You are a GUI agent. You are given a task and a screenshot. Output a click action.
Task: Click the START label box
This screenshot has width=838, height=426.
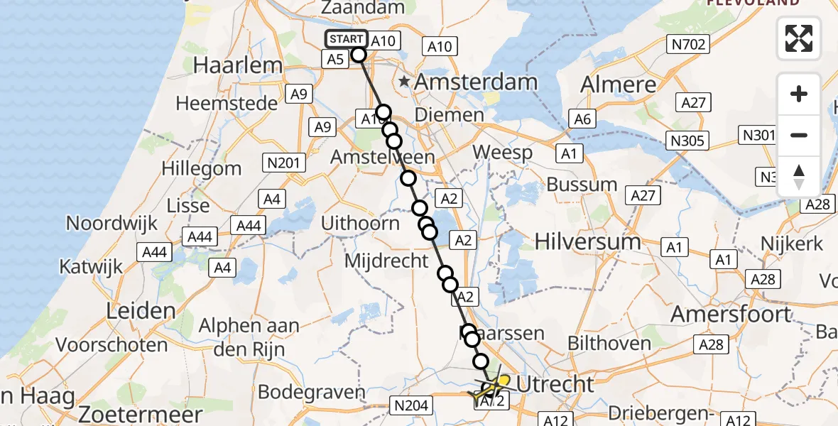coord(346,39)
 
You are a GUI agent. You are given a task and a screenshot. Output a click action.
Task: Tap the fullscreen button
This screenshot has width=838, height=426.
coord(799,38)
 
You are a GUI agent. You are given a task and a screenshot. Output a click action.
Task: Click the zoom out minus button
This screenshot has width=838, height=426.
coord(799,135)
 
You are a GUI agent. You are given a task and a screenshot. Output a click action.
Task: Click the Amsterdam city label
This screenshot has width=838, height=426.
coord(476,82)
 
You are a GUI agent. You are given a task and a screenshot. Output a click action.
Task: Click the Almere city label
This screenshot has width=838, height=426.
coord(619,85)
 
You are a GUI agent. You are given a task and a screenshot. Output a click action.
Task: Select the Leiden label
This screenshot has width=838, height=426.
coord(141,310)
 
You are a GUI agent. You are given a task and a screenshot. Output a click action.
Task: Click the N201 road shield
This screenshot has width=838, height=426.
coord(283,162)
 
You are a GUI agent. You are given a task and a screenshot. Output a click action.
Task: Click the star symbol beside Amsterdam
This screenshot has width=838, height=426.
coord(404,82)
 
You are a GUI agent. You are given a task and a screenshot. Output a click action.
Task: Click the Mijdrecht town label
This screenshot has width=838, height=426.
coord(386,261)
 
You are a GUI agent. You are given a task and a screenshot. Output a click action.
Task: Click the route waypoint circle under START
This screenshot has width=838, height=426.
coord(358,55)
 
